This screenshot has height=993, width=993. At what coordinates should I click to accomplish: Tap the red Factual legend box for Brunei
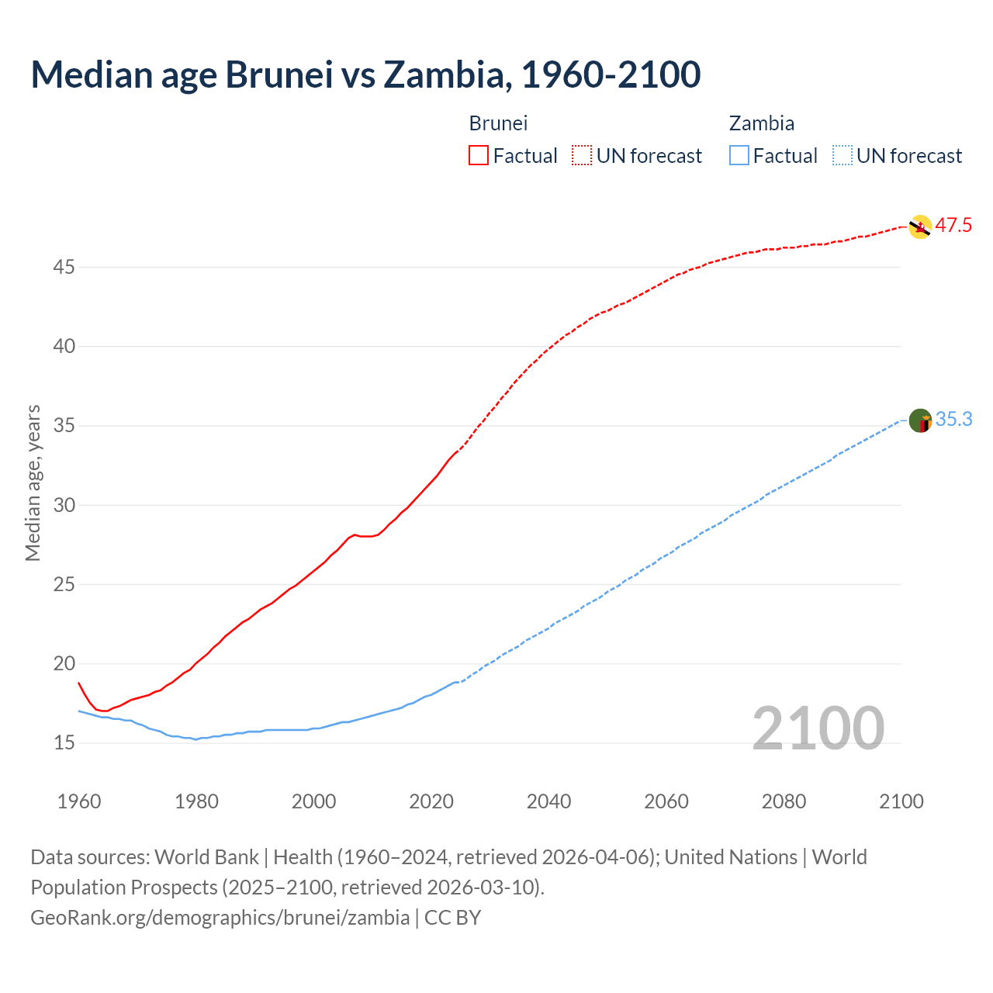point(479,156)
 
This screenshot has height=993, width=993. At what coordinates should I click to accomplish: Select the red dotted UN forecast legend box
point(582,156)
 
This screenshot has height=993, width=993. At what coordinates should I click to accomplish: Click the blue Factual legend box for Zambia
point(739,156)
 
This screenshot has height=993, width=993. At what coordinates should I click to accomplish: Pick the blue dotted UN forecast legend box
point(842,156)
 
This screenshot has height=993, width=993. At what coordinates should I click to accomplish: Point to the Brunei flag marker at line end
point(919,227)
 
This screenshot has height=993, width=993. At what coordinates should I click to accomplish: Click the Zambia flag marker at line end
point(920,420)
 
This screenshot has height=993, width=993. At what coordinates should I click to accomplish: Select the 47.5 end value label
point(953,226)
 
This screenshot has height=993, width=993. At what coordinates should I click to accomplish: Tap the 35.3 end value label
point(953,420)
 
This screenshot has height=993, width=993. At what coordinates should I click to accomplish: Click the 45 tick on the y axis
point(64,268)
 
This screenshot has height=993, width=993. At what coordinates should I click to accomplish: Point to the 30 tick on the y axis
point(64,506)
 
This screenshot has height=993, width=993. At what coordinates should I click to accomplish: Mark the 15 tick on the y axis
point(64,743)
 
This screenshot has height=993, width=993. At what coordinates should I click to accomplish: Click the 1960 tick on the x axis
point(79,801)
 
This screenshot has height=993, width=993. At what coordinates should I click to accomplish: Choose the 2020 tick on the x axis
point(431,801)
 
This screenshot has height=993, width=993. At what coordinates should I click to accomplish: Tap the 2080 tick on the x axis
point(784,801)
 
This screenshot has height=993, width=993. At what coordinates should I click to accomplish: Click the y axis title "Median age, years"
point(33,483)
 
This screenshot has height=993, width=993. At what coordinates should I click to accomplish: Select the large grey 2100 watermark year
point(818,728)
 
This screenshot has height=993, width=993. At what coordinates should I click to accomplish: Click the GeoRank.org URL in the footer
point(220,918)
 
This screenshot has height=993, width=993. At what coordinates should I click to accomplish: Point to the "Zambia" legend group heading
point(761,123)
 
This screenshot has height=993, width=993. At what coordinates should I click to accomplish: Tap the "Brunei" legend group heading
point(498,123)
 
